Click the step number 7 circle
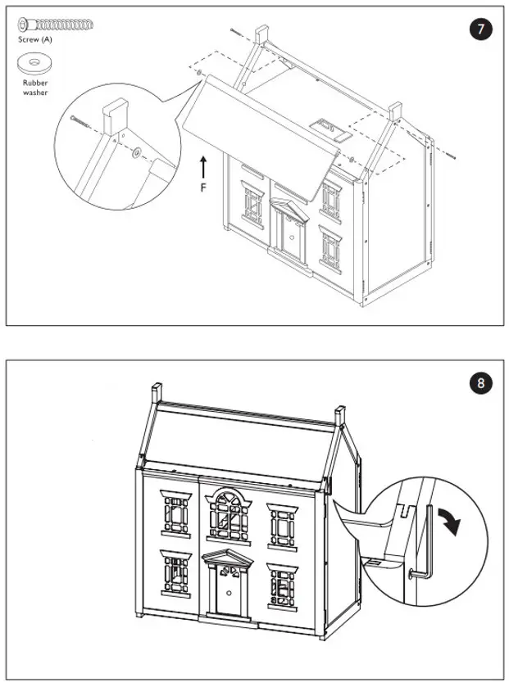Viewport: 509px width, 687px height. [x=481, y=30]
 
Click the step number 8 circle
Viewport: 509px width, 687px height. [x=481, y=383]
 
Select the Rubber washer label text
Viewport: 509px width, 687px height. [x=35, y=88]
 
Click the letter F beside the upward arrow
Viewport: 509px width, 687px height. [x=204, y=187]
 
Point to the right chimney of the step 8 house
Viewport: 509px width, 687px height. [x=339, y=415]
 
